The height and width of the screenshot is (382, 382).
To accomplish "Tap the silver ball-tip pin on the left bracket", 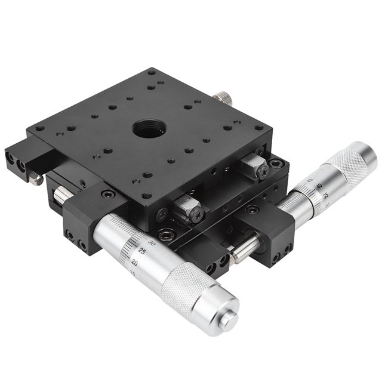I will click(36, 178).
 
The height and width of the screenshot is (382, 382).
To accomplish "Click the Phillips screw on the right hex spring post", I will click(264, 170).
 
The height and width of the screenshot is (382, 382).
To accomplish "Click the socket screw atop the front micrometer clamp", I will click(107, 194).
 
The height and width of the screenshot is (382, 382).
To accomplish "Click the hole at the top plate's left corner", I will click(39, 128).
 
